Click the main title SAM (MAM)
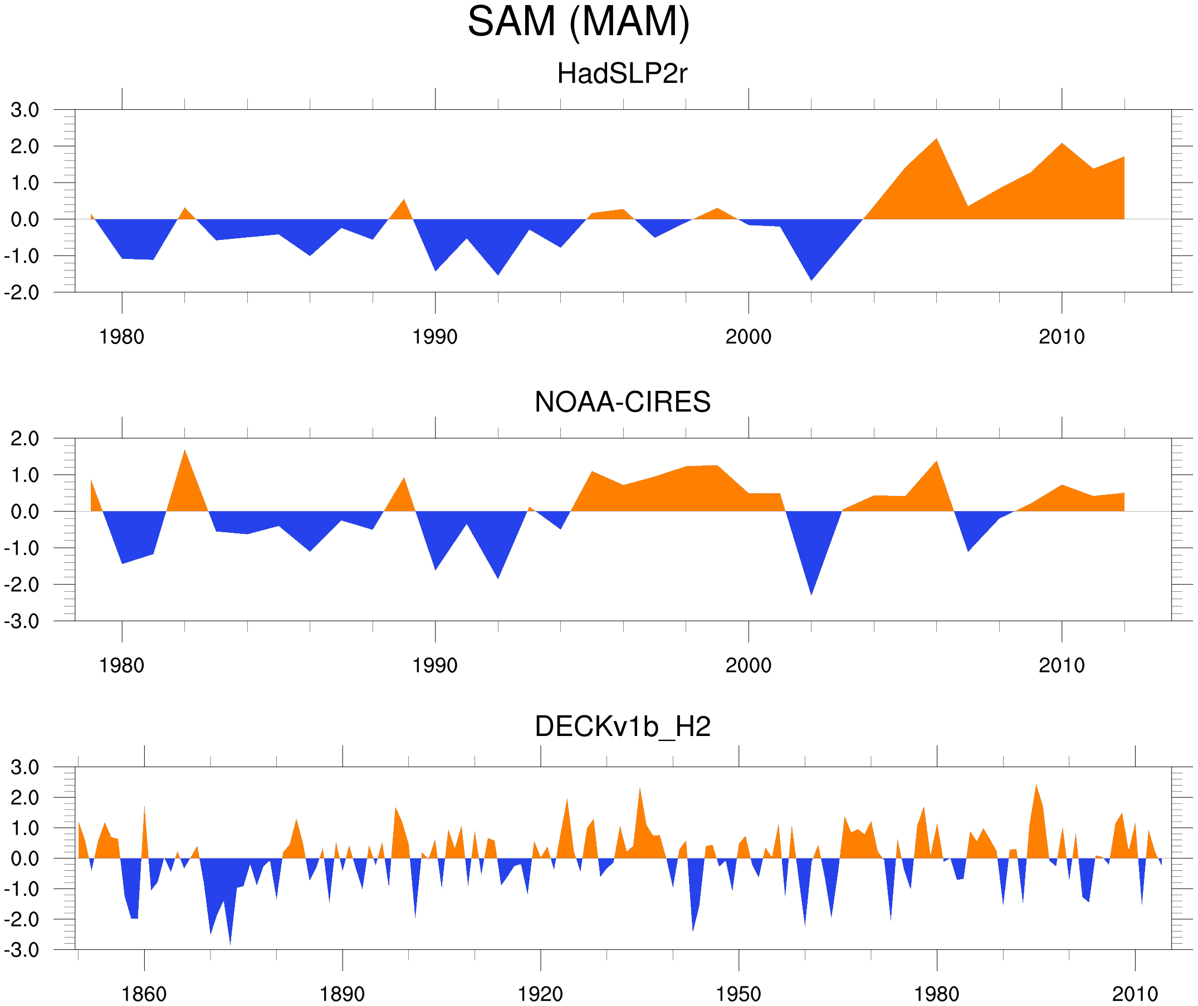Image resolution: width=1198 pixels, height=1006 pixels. [x=578, y=22]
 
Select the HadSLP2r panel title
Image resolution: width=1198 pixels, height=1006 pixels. [x=622, y=73]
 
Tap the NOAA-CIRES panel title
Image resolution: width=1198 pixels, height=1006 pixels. [x=622, y=402]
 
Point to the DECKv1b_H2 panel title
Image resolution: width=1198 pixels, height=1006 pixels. [x=622, y=727]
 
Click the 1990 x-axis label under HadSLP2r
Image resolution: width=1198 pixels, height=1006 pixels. [x=435, y=337]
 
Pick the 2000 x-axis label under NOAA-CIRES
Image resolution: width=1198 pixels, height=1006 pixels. [x=748, y=665]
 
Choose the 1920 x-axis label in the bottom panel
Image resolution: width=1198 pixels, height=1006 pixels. [x=540, y=994]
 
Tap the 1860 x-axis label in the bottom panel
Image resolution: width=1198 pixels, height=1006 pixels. [x=144, y=994]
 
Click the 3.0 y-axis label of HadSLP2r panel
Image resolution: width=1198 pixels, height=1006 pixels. [x=25, y=110]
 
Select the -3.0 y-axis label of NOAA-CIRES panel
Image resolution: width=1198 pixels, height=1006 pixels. [x=22, y=622]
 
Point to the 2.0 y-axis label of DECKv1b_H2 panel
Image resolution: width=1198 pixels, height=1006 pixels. [x=25, y=798]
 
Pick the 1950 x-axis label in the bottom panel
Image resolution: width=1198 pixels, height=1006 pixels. [x=738, y=994]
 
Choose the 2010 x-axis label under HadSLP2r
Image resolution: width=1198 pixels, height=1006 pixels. [x=1061, y=337]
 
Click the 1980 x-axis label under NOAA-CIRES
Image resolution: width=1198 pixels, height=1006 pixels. [x=121, y=665]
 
